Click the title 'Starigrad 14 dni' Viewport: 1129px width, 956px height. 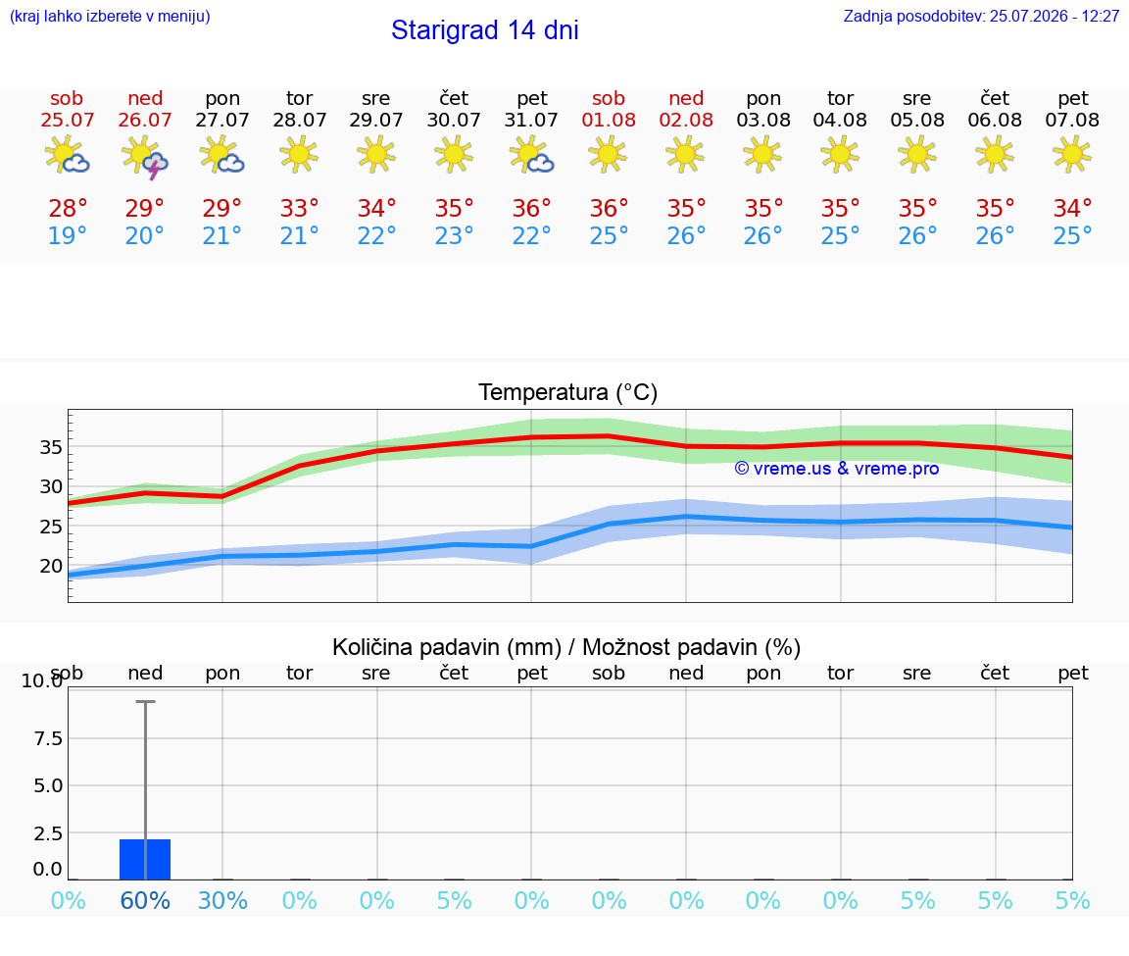pos(484,30)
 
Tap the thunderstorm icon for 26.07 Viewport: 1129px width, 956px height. pos(145,156)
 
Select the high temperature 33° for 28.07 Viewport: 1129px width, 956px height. pos(299,209)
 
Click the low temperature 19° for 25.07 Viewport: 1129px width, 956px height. pos(67,235)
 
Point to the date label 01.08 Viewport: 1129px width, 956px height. pos(609,120)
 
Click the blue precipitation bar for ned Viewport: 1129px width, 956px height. pos(145,860)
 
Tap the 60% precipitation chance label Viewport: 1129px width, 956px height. pos(145,900)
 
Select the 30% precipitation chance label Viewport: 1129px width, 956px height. pos(222,900)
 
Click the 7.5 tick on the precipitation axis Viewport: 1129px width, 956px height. pos(48,738)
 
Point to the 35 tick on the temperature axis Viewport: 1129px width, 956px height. pos(51,447)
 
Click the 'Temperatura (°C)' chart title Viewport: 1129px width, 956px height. pos(568,392)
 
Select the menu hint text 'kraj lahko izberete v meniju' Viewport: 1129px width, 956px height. pos(110,16)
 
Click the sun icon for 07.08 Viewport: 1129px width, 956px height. pos(1072,154)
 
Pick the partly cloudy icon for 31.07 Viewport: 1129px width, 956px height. pos(531,155)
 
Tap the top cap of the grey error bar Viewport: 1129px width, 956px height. pos(145,702)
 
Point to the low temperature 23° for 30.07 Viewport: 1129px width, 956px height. pos(454,235)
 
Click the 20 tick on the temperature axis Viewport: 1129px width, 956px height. pos(51,567)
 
